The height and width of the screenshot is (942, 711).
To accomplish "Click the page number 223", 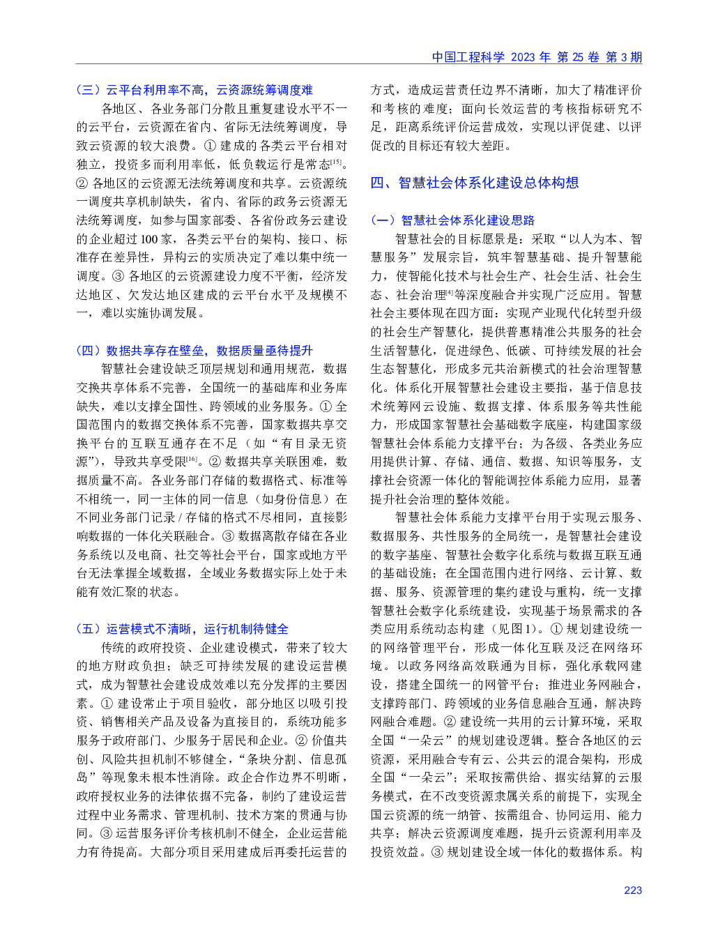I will point(632,890).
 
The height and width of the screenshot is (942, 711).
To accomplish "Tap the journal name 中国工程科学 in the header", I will point(468,57).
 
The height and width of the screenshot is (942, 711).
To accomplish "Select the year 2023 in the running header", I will point(523,57).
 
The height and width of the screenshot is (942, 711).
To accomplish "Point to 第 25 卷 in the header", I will point(578,57).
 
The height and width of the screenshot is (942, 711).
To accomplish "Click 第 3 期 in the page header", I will point(624,57).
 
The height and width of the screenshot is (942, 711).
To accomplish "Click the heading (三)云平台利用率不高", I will point(194,90).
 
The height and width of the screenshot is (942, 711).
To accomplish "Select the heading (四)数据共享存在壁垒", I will point(194,350).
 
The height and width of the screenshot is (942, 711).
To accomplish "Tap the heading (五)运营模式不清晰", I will point(182,629).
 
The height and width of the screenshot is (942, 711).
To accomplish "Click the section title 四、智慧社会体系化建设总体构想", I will point(475,183).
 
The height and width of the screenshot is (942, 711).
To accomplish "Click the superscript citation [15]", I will point(336,162).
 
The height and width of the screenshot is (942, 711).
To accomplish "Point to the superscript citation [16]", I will point(191,459).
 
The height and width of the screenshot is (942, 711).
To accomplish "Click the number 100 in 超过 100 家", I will point(149,239).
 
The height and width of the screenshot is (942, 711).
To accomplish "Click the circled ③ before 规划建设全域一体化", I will point(436,852).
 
